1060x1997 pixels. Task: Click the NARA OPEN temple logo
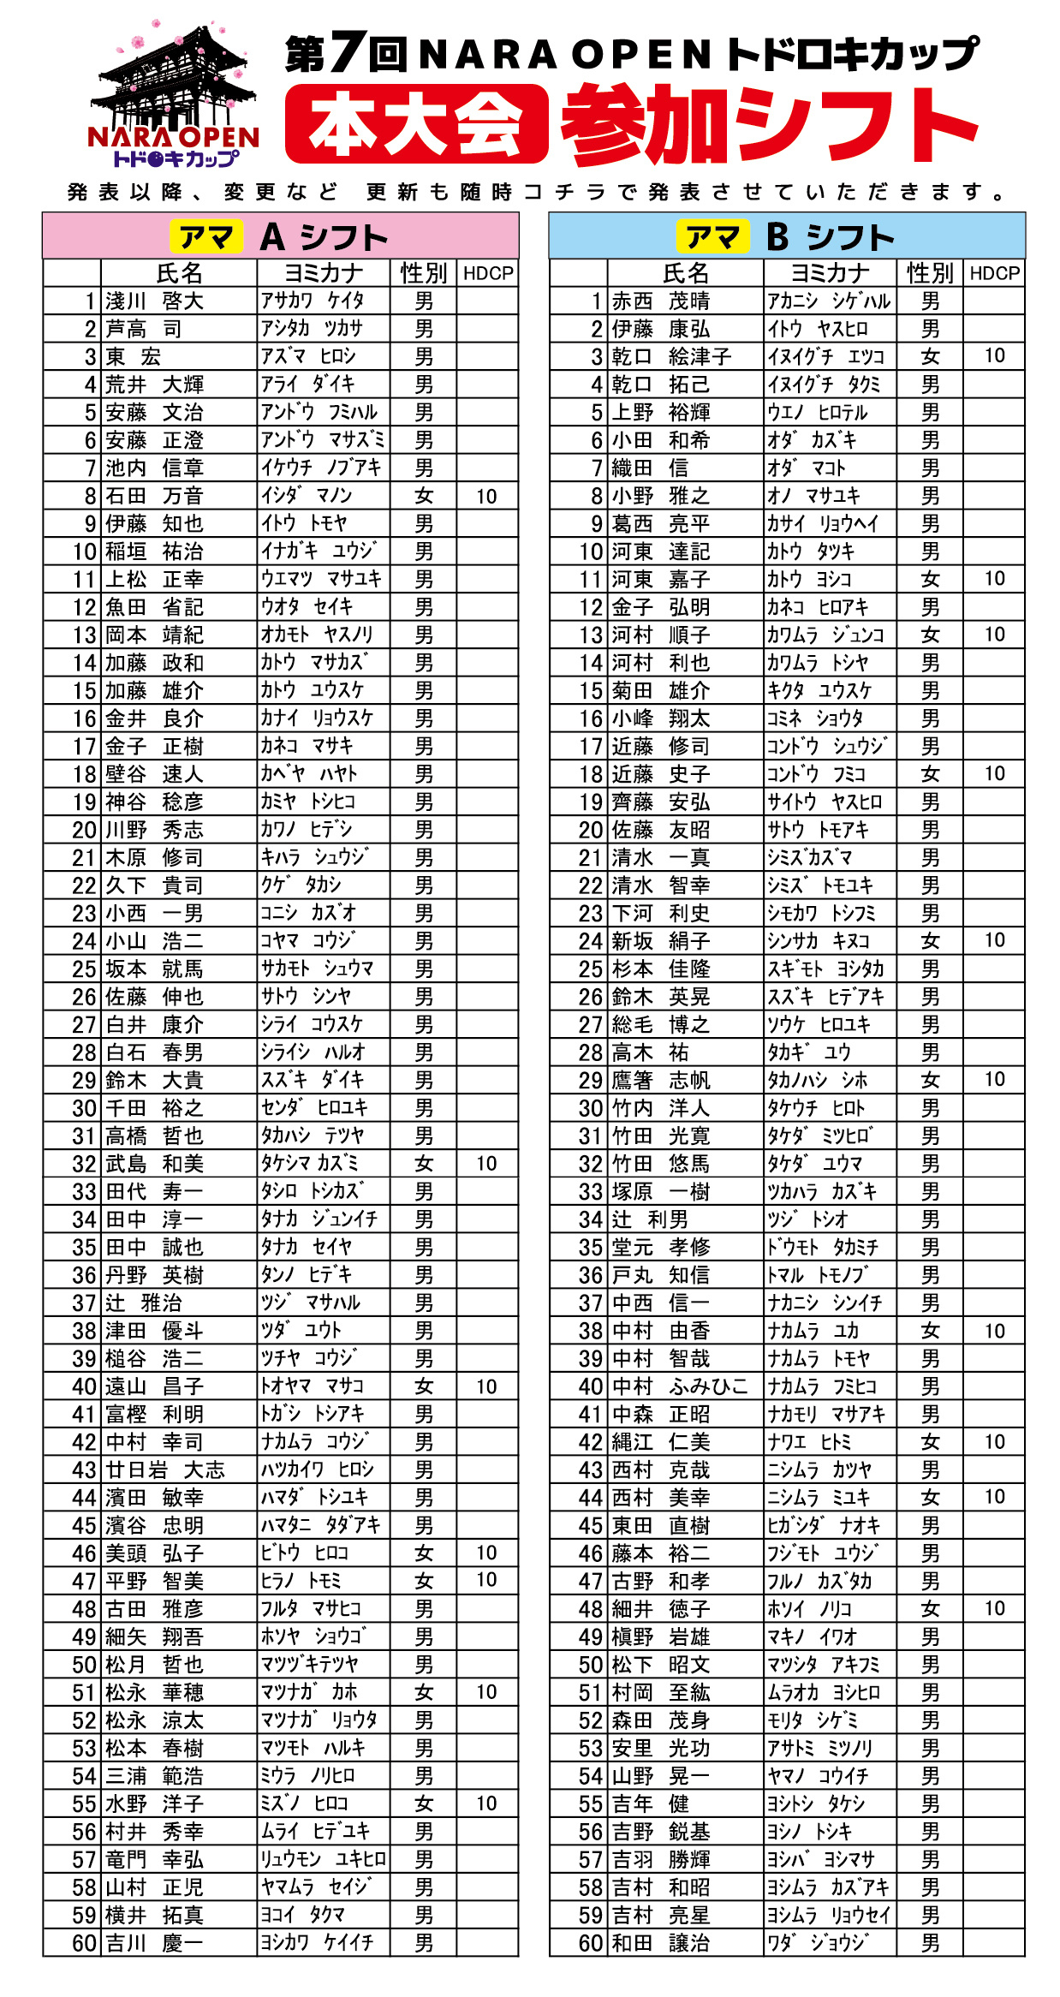click(x=174, y=94)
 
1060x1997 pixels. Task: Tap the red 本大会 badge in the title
click(x=416, y=124)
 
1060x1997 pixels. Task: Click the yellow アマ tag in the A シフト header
click(x=205, y=237)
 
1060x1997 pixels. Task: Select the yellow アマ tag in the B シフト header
click(x=712, y=237)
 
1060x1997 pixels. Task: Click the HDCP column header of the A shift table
click(x=487, y=273)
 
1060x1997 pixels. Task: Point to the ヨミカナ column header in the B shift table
click(x=829, y=273)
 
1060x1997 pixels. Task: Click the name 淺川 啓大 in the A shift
click(x=154, y=301)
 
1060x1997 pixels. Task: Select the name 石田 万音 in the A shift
click(x=154, y=496)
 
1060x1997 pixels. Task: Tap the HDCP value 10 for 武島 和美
click(x=486, y=1163)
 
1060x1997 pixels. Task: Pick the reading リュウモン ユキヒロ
click(x=324, y=1859)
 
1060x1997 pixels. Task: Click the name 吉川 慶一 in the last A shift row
click(x=154, y=1943)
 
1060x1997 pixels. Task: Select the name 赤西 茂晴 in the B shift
click(x=660, y=301)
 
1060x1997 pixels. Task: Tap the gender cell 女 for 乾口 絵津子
click(x=930, y=356)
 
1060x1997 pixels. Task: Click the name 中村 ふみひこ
click(x=680, y=1386)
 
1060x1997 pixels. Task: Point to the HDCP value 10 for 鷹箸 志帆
click(x=994, y=1079)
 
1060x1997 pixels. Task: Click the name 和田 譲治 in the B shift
click(x=660, y=1943)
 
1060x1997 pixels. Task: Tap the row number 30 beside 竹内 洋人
click(x=591, y=1108)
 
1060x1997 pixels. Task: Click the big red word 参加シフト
click(x=769, y=124)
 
